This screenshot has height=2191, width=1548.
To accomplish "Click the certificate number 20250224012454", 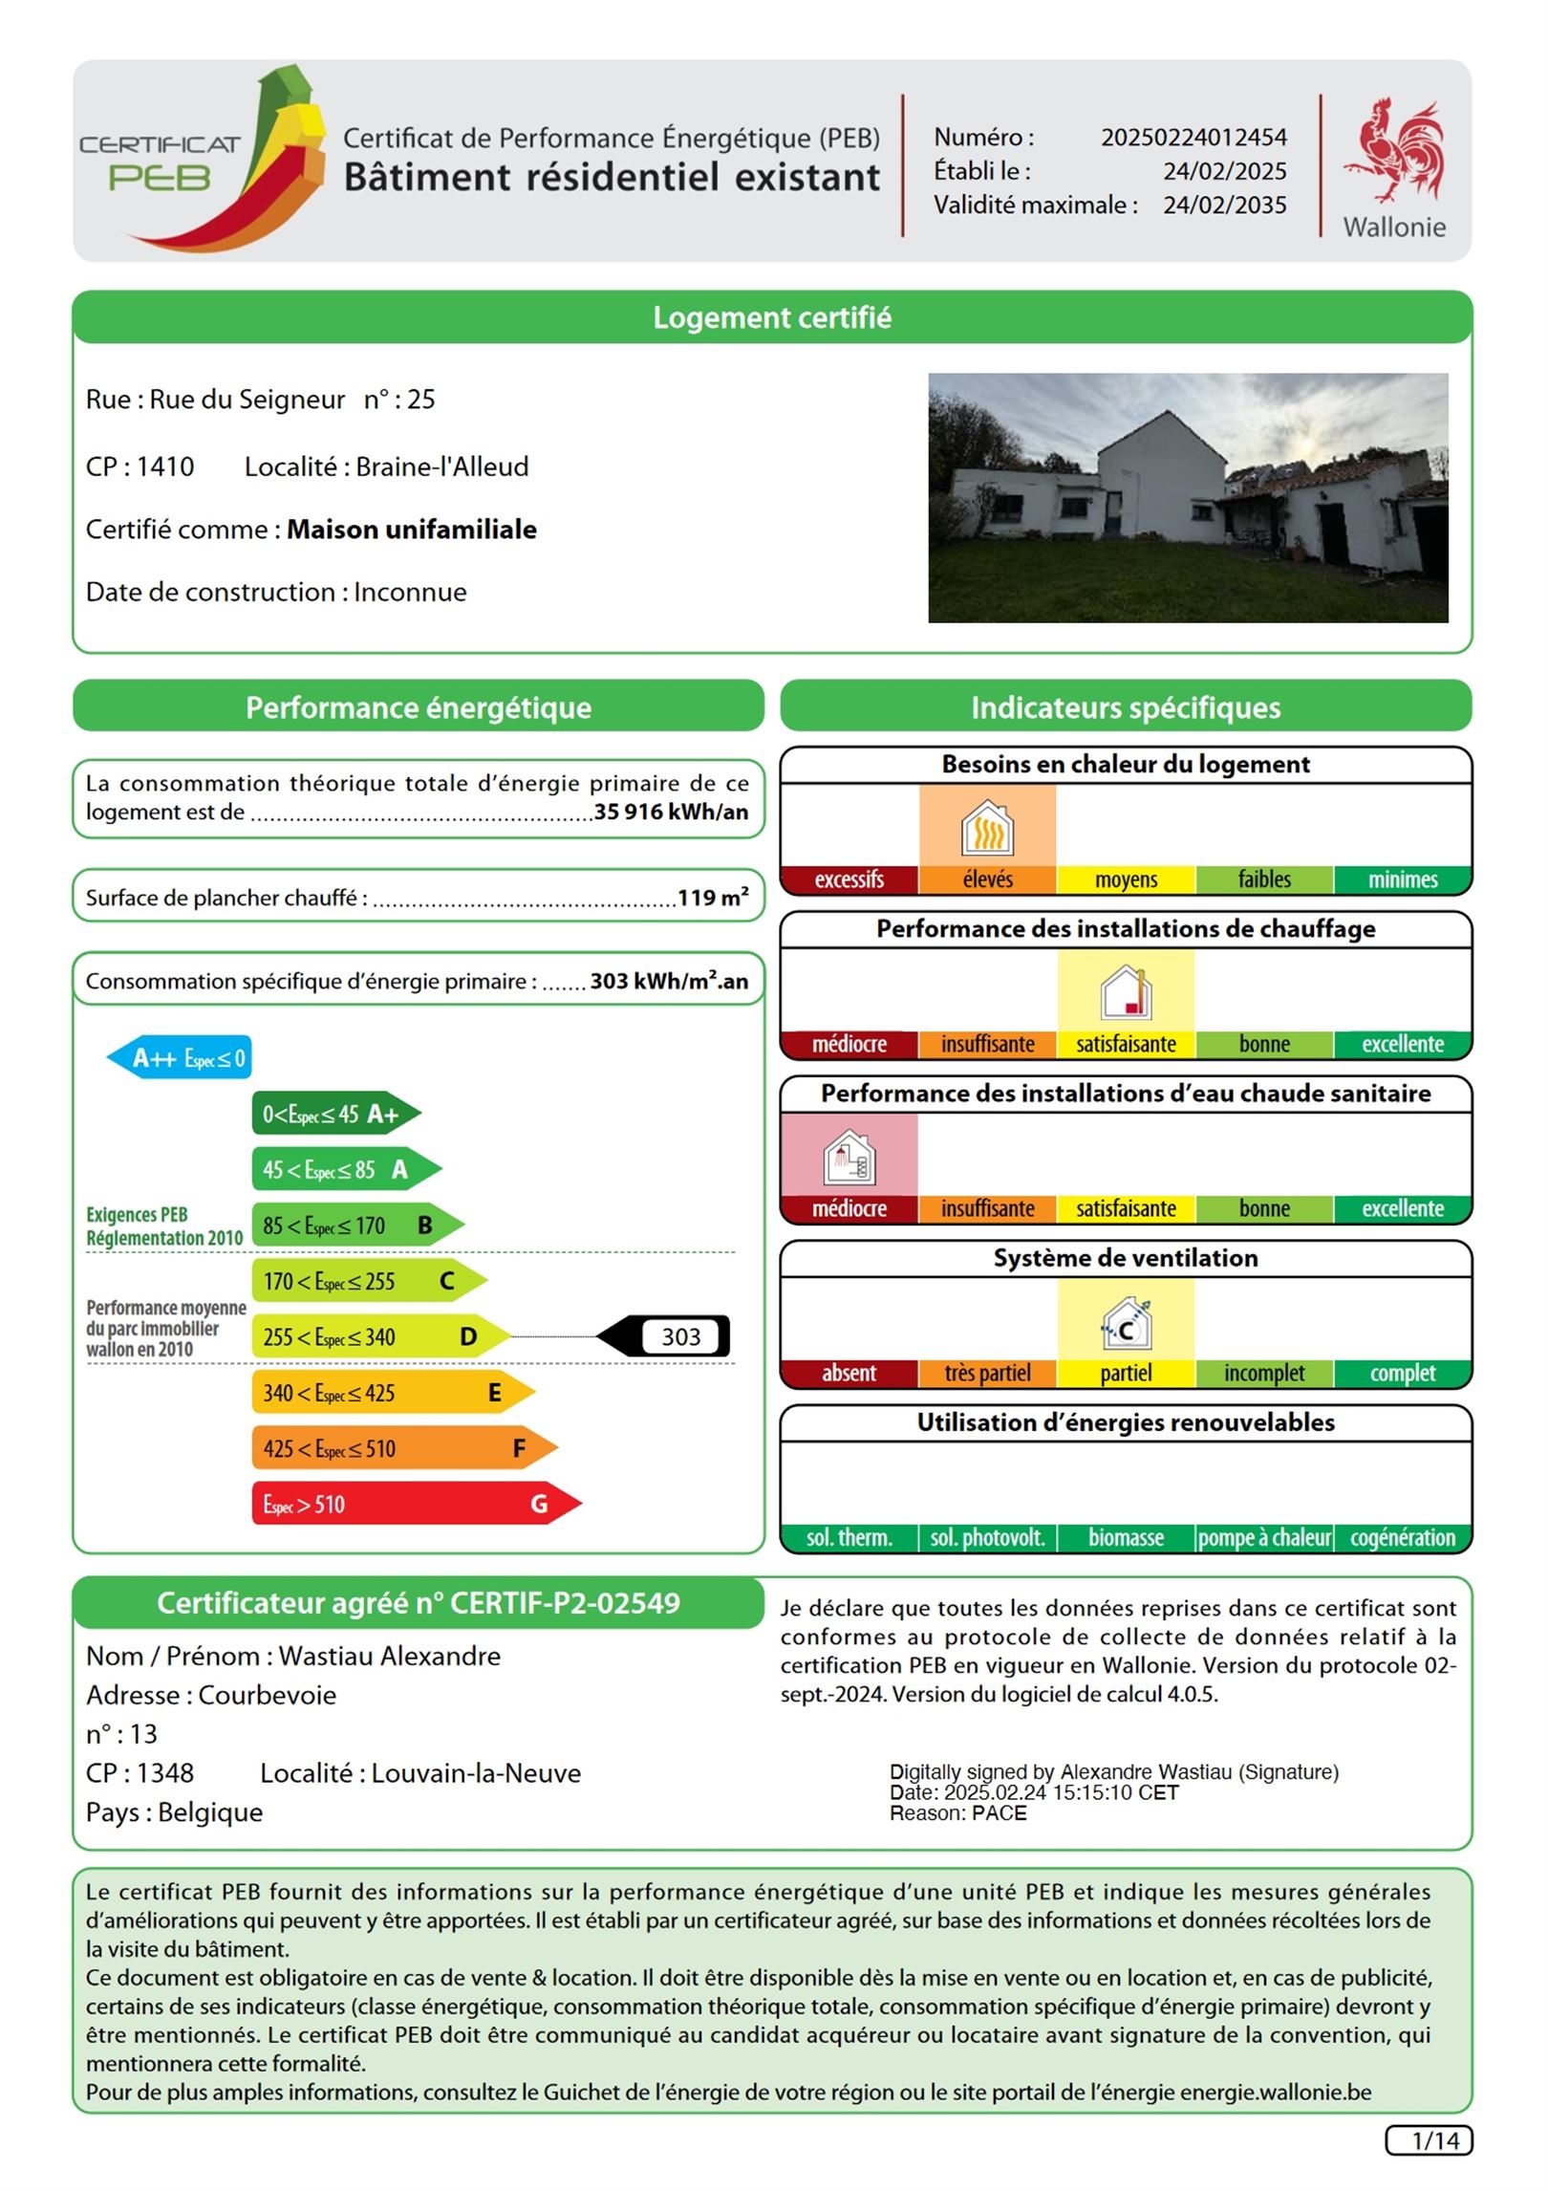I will pyautogui.click(x=1193, y=138).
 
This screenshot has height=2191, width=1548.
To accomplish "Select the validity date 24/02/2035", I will pyautogui.click(x=1224, y=206).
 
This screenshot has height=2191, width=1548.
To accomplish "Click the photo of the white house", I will pyautogui.click(x=1187, y=497).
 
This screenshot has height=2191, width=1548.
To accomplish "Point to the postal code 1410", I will pyautogui.click(x=164, y=466).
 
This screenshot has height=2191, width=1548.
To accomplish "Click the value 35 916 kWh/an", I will pyautogui.click(x=671, y=813).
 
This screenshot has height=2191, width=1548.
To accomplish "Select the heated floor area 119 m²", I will pyautogui.click(x=713, y=898).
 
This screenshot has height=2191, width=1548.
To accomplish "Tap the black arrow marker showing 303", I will pyautogui.click(x=665, y=1336).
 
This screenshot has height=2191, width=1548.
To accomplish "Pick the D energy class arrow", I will pyautogui.click(x=378, y=1336).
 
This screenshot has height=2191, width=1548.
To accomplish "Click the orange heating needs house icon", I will pyautogui.click(x=987, y=827).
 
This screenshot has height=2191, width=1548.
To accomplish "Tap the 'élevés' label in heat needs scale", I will pyautogui.click(x=987, y=879).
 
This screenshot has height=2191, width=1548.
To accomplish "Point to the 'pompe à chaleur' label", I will pyautogui.click(x=1264, y=1538).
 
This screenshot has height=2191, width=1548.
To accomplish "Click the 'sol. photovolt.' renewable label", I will pyautogui.click(x=987, y=1538).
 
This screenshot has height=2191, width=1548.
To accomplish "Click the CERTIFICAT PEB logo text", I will pyautogui.click(x=160, y=163).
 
